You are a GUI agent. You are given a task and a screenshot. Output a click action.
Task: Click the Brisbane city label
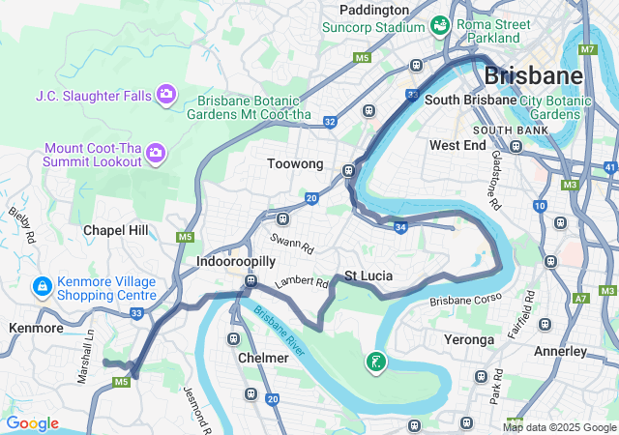pyautogui.click(x=533, y=75)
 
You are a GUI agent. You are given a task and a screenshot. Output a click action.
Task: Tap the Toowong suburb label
pyautogui.click(x=295, y=164)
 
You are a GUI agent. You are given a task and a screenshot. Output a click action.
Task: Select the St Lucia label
pyautogui.click(x=368, y=275)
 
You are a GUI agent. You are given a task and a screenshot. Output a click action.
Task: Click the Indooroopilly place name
pyautogui.click(x=236, y=262)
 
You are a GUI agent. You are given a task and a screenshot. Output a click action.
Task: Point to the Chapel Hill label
pyautogui.click(x=116, y=230)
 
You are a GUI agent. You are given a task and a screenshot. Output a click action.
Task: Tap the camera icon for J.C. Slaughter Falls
pyautogui.click(x=166, y=94)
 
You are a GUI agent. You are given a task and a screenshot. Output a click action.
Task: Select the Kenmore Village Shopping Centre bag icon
pyautogui.click(x=42, y=287)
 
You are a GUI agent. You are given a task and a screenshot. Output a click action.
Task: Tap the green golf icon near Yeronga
pyautogui.click(x=375, y=362)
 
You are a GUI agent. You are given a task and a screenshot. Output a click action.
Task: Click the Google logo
pyautogui.click(x=32, y=423)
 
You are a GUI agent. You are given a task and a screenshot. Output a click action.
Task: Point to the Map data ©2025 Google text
pyautogui.click(x=559, y=427)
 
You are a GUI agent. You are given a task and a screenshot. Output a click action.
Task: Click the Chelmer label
pyautogui.click(x=263, y=358)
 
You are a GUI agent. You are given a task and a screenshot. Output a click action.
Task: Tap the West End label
pyautogui.click(x=457, y=145)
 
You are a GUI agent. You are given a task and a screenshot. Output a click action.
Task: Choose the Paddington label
pyautogui.click(x=374, y=9)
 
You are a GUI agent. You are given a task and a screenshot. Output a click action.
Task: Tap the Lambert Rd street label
pyautogui.click(x=302, y=282)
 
